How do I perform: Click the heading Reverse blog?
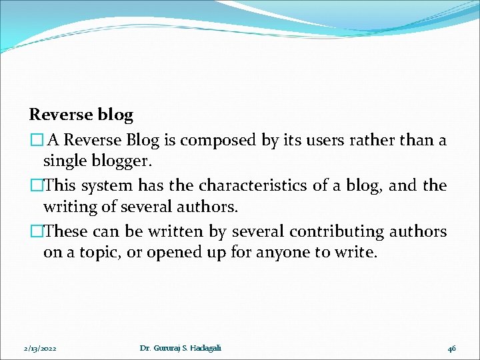coord(81,115)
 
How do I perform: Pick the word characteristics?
coord(257,185)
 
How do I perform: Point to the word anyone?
coord(284,253)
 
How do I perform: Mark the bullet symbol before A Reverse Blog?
coord(35,141)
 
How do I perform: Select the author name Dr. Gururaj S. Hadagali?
coord(181,348)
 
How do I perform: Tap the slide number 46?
coord(451,349)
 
